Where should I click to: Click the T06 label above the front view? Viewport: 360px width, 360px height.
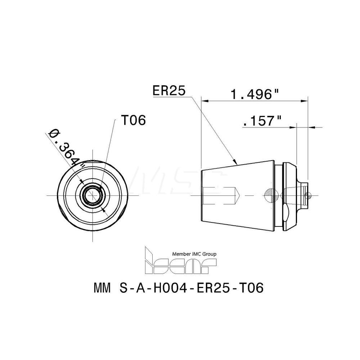point(133,121)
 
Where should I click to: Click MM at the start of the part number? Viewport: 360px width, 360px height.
point(102,289)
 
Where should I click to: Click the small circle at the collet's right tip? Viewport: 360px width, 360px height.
point(306,195)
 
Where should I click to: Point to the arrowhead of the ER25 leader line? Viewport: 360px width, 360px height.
point(235,162)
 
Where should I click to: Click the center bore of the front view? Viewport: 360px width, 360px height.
point(93,195)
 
